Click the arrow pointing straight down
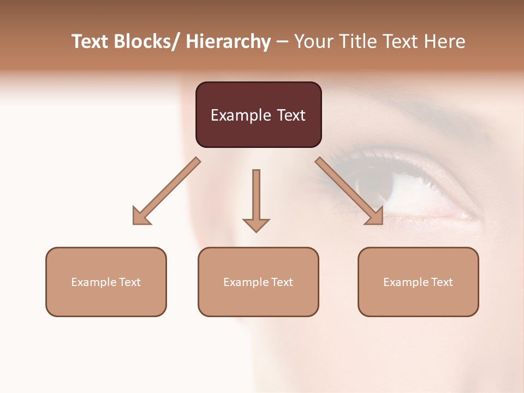pyautogui.click(x=256, y=199)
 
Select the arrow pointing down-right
pyautogui.click(x=349, y=191)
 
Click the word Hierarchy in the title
pyautogui.click(x=228, y=42)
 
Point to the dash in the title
pyautogui.click(x=282, y=43)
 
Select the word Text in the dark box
pyautogui.click(x=290, y=116)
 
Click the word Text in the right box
pyautogui.click(x=441, y=282)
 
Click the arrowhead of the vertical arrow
pyautogui.click(x=256, y=224)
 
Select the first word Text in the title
pyautogui.click(x=90, y=42)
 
